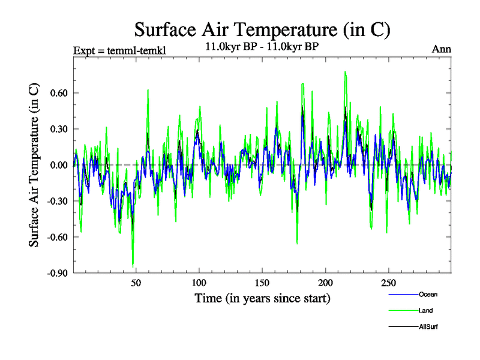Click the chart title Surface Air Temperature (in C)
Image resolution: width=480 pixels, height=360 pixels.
[262, 29]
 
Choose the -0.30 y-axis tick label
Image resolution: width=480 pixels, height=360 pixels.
[56, 201]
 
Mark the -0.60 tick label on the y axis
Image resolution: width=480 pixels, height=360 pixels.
[56, 237]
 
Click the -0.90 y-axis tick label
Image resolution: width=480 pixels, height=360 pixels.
[56, 273]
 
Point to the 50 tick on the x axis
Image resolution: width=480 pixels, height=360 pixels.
[136, 283]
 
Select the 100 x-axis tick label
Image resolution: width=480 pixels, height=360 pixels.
[199, 283]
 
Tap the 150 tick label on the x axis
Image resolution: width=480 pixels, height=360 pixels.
[262, 283]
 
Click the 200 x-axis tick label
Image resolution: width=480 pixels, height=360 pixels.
[325, 283]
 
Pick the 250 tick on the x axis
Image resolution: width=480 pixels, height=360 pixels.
[388, 283]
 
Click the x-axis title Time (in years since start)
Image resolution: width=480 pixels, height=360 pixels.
[262, 298]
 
